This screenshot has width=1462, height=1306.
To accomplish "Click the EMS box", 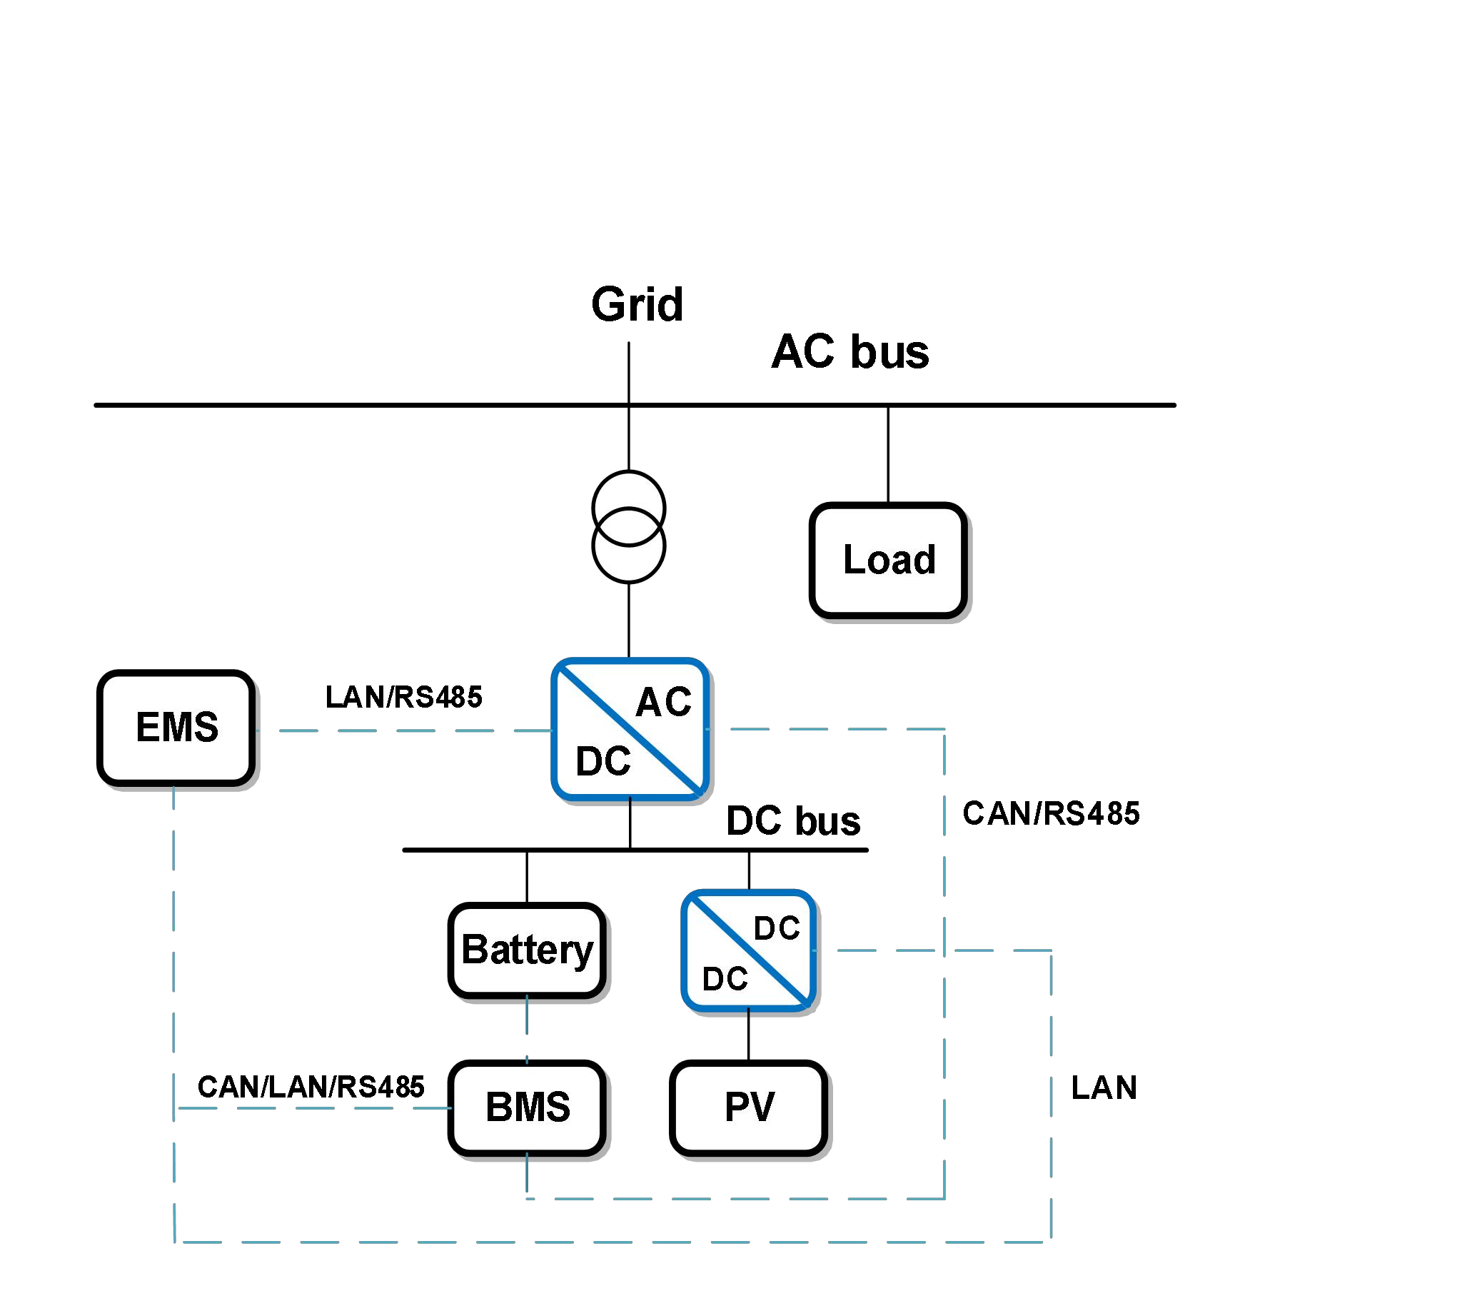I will point(176,728).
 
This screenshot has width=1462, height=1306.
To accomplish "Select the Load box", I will point(888,561).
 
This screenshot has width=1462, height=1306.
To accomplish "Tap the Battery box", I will point(528,950).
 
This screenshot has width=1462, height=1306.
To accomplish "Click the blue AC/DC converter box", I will point(630,729).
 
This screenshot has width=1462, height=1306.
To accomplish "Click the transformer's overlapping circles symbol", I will point(628,527).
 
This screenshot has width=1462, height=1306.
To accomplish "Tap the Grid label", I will point(637,305).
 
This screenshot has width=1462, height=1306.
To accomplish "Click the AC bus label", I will point(850,352).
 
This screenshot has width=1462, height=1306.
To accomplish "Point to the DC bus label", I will point(792,821).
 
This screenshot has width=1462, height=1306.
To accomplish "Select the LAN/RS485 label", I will point(404,697).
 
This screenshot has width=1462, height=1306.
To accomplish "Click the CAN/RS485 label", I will point(1051,814).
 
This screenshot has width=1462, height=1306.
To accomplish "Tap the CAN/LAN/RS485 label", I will point(311,1087).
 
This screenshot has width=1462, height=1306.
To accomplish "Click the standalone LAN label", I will point(1104,1088).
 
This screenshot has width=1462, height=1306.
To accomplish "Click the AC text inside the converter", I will point(664,702).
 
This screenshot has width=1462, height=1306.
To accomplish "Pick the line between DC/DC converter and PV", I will point(749,1035).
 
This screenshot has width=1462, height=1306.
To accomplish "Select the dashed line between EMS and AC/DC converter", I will point(402,731).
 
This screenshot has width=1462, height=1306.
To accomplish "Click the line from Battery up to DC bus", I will point(528,877).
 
